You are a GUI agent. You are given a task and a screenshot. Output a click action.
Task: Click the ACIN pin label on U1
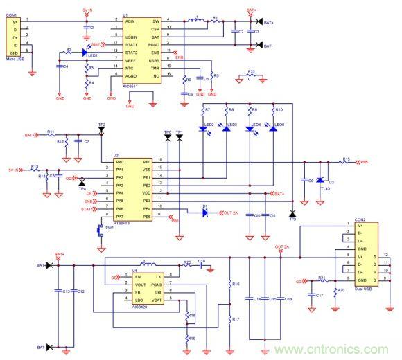pyautogui.click(x=129, y=21)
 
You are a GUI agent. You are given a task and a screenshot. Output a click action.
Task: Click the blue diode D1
pyautogui.click(x=205, y=213)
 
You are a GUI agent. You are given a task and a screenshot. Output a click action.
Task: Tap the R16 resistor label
pyautogui.click(x=236, y=285)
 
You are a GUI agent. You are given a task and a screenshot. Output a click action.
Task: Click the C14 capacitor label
pyautogui.click(x=258, y=298)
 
